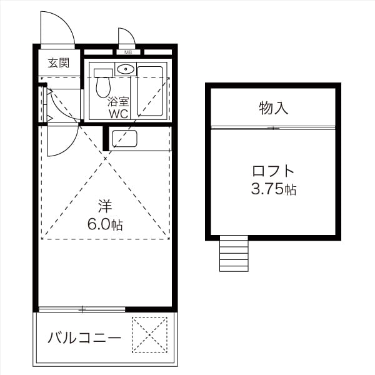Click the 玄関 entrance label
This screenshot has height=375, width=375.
59,62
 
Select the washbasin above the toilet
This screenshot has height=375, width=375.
124,69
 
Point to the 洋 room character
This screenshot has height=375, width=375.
104,206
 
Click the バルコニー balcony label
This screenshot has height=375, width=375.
84,338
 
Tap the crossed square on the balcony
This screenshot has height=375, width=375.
149,334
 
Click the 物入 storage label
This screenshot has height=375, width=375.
273,108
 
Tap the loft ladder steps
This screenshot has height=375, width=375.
234,252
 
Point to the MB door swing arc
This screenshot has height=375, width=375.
127,36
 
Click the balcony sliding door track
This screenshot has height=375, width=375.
82,309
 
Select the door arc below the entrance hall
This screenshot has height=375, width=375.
62,141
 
